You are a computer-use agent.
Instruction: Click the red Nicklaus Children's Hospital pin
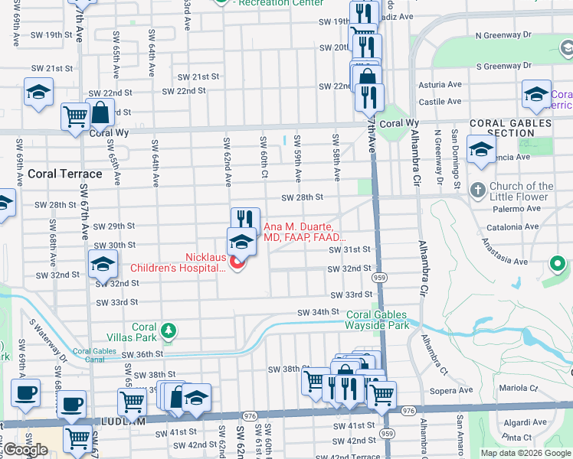click(x=237, y=263)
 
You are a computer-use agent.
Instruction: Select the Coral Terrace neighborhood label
click(x=59, y=174)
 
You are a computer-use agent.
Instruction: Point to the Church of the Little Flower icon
click(x=477, y=189)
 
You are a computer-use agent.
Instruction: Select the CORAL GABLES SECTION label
click(x=510, y=128)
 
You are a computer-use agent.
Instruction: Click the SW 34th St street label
click(x=319, y=311)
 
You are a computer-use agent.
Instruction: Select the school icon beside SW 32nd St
click(x=103, y=264)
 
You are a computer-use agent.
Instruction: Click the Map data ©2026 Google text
click(x=526, y=453)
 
